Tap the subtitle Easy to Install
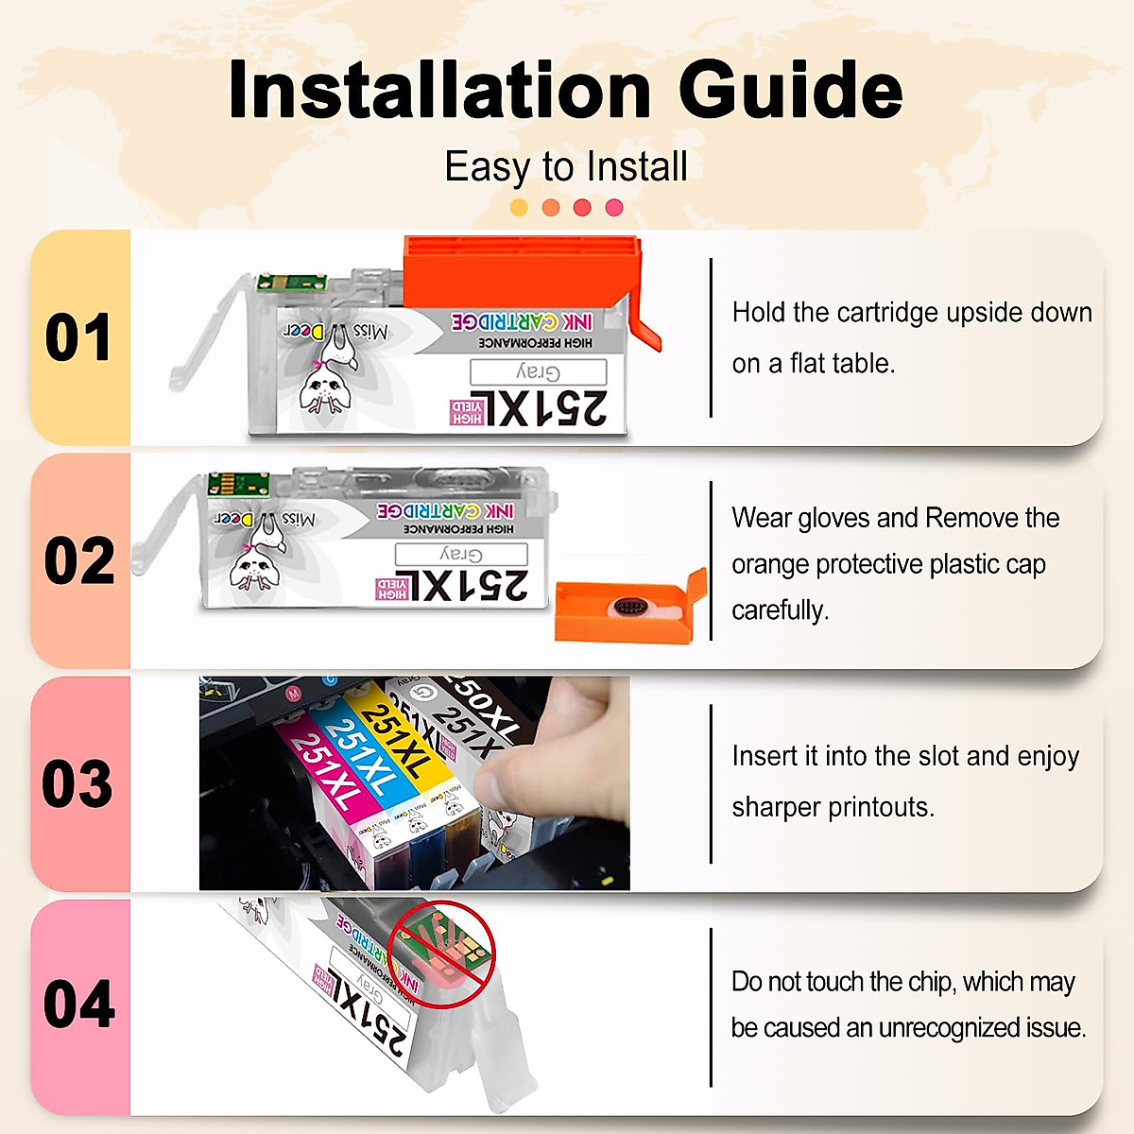point(566,167)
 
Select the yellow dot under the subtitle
point(519,208)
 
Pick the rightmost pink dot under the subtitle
point(614,208)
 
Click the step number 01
point(78,338)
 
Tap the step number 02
point(78,561)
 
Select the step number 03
point(78,784)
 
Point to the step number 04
point(78,1005)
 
